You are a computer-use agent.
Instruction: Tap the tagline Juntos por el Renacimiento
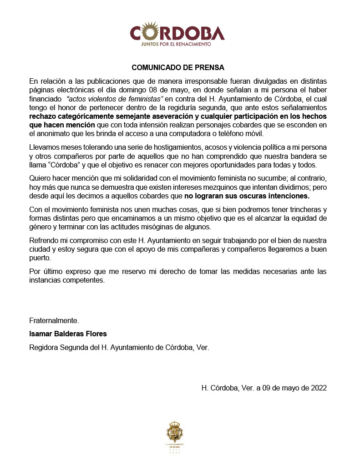[177, 45]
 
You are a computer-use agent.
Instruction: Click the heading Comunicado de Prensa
[178, 67]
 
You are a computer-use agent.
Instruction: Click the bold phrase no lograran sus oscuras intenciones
[247, 196]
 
